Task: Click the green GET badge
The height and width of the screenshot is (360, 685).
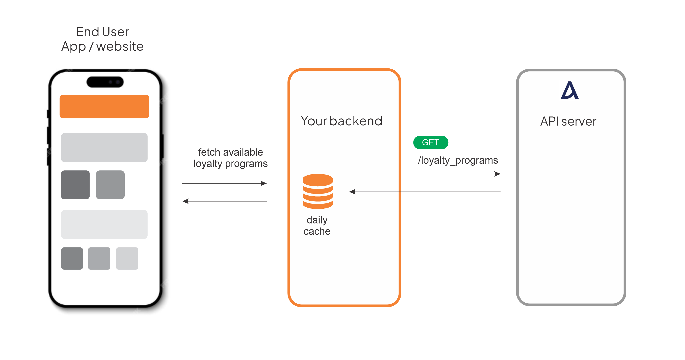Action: pos(431,142)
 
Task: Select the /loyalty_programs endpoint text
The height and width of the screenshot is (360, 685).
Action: pos(458,160)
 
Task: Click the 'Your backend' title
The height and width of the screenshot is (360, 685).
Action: pos(341,121)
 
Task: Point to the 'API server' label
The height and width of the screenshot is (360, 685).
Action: pos(568,121)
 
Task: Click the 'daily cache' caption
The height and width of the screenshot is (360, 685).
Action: pos(317,226)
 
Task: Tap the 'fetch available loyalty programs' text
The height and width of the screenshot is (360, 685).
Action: pos(231,158)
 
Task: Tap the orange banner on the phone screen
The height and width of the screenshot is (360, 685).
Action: pos(104,107)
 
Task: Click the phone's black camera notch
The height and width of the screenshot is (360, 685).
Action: pos(105,82)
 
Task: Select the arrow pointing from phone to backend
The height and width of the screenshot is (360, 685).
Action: pos(224,183)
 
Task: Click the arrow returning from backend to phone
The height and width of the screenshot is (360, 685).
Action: pos(224,201)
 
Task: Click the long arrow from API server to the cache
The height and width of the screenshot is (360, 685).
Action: pos(425,192)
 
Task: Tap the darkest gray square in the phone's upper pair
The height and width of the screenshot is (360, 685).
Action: pos(75,185)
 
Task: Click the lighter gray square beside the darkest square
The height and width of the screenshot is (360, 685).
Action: pos(110,185)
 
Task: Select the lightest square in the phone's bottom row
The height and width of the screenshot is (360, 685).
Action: pos(127,258)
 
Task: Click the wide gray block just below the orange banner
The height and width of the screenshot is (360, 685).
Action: pos(104,147)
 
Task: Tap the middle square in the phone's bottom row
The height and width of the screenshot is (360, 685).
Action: pos(99,258)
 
